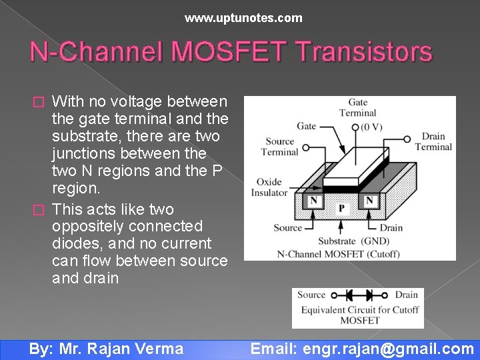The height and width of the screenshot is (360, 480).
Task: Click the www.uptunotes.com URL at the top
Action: [x=243, y=18]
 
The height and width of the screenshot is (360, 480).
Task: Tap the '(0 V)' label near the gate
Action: [x=373, y=127]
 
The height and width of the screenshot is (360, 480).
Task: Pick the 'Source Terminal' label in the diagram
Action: [x=280, y=147]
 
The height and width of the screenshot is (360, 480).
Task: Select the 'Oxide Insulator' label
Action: [x=269, y=187]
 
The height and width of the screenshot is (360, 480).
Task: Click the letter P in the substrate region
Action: [x=341, y=209]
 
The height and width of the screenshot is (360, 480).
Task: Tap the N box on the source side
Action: [x=313, y=201]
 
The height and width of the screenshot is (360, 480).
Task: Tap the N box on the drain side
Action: [x=369, y=201]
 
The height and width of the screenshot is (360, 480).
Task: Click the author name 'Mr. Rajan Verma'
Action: [x=121, y=349]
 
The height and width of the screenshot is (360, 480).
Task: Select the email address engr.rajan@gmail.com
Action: [x=388, y=349]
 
